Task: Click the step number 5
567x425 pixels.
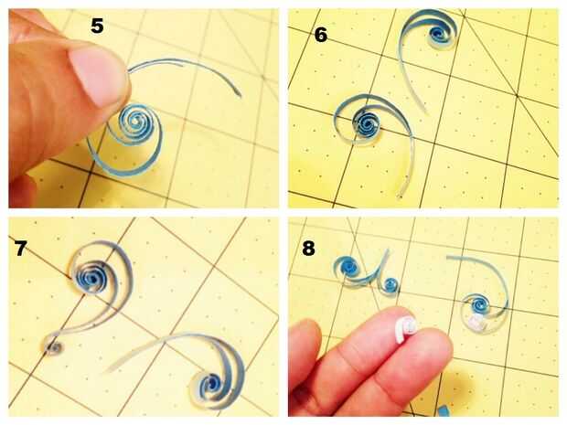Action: (97, 26)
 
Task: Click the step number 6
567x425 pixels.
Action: (321, 35)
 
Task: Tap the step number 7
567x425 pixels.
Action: (21, 248)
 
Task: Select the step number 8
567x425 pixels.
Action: (308, 249)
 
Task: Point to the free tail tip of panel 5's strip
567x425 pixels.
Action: (240, 95)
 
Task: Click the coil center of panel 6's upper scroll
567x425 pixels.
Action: (438, 33)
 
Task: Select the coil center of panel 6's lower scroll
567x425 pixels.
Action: (367, 124)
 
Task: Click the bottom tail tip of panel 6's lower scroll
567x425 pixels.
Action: (400, 196)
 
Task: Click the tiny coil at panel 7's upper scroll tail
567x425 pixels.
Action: (54, 347)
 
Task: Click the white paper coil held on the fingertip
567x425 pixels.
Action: (406, 329)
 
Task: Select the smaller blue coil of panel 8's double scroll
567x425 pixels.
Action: (390, 285)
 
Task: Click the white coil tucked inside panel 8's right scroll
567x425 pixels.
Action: (476, 322)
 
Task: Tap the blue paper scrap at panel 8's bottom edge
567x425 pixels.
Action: (443, 411)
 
